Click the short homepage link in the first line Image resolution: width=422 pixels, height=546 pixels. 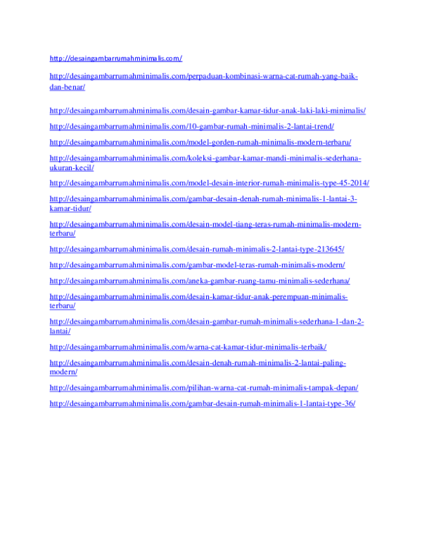point(115,58)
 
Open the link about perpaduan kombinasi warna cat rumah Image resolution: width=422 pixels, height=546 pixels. point(204,82)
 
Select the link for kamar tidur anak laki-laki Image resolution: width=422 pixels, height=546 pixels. point(207,110)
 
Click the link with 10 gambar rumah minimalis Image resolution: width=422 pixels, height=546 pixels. point(191,127)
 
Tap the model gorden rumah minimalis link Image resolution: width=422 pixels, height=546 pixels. point(200,142)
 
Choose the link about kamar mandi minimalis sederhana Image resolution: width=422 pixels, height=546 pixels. point(205,163)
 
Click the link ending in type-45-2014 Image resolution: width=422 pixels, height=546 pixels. point(210,183)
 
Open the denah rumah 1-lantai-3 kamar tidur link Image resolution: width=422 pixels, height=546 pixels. point(203,203)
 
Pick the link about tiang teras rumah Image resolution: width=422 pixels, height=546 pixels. point(205,229)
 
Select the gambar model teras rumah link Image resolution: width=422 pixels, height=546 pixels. point(197,265)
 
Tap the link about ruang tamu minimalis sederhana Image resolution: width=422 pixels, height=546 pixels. point(200,281)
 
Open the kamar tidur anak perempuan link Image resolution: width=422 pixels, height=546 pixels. point(198,301)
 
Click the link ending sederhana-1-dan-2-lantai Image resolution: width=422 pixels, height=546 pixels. point(207,326)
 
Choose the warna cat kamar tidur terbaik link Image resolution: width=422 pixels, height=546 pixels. point(188,347)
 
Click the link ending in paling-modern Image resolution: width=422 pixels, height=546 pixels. point(198,367)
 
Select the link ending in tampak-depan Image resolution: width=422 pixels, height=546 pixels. point(204,388)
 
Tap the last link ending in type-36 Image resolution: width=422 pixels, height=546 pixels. point(203,404)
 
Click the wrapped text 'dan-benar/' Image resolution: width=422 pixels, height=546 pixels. point(68,87)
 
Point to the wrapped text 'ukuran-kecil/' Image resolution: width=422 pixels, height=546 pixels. point(72,168)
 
